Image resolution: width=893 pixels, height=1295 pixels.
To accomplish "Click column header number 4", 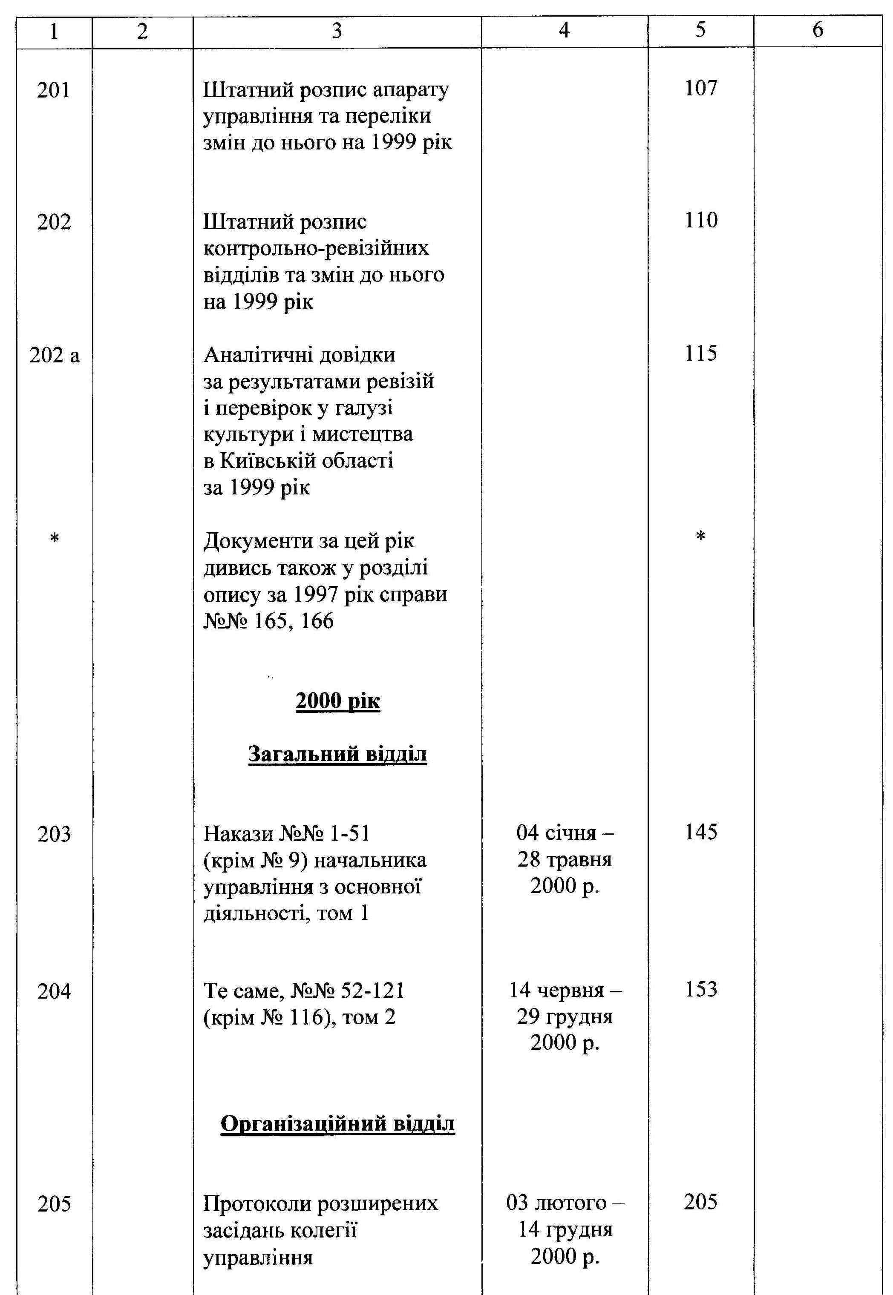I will click(x=564, y=31).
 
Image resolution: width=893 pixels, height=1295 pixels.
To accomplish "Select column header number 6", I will click(x=818, y=31).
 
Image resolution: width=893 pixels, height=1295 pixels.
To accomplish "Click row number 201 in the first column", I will click(x=54, y=90).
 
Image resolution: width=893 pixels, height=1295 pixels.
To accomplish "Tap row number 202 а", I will click(x=54, y=356).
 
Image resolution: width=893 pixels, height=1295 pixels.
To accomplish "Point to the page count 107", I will click(x=700, y=88).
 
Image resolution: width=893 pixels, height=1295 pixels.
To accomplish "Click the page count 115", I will click(x=700, y=353).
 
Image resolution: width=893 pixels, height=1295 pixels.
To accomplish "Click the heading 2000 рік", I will click(x=337, y=701).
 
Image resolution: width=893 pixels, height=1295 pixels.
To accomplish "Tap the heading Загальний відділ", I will click(x=337, y=754).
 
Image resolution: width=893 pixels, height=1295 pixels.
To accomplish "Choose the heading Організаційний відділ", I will click(x=337, y=1123).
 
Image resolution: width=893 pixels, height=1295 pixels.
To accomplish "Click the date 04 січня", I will click(x=565, y=833).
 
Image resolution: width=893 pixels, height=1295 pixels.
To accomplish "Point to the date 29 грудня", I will click(x=565, y=1017).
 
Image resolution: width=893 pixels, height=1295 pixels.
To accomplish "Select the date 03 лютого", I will click(x=565, y=1203).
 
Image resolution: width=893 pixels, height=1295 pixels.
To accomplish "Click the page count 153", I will click(x=700, y=990).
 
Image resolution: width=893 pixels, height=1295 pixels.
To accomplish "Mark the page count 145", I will click(x=700, y=832).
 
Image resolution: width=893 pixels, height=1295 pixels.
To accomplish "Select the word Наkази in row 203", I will click(x=238, y=834).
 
